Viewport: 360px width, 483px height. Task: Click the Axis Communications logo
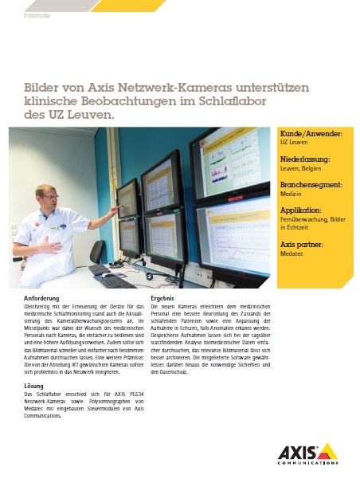(x=307, y=452)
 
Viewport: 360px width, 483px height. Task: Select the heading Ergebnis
(x=162, y=297)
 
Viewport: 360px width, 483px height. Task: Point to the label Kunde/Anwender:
(x=311, y=134)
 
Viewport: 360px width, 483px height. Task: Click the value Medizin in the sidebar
(x=291, y=194)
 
